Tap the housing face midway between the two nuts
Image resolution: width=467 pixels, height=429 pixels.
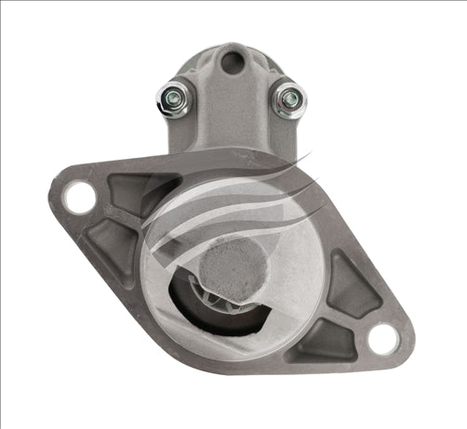coord(231,102)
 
